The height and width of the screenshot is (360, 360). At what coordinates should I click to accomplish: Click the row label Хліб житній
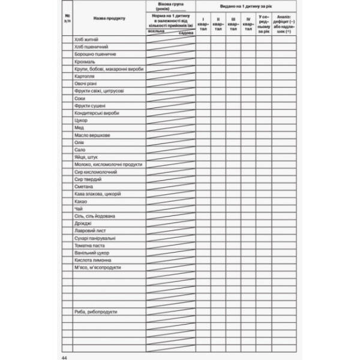[86, 40]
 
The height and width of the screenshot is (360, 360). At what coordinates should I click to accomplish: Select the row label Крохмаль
[85, 62]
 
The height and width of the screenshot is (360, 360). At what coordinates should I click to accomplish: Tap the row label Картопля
[86, 76]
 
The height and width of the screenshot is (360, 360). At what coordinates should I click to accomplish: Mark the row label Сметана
[84, 186]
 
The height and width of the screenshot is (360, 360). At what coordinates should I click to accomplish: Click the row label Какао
[82, 201]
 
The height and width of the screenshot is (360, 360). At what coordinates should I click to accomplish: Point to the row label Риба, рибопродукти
[96, 311]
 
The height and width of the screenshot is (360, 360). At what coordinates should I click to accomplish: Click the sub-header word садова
[187, 33]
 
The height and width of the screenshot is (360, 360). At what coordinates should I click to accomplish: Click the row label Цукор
[82, 120]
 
